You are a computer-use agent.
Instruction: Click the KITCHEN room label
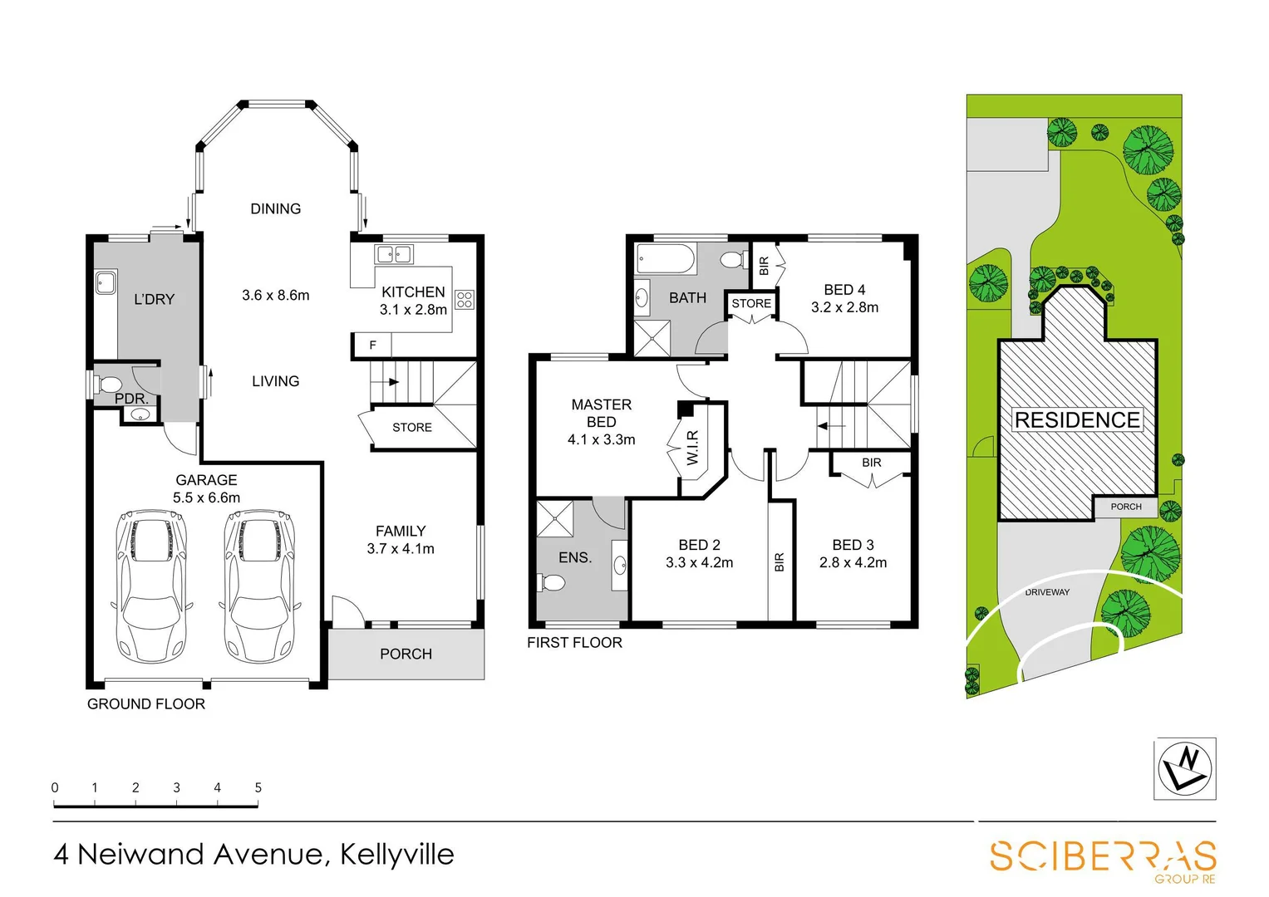click(x=413, y=292)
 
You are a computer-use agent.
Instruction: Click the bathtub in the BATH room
click(x=666, y=259)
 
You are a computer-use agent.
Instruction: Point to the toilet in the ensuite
click(x=551, y=583)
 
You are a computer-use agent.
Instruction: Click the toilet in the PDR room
click(x=108, y=385)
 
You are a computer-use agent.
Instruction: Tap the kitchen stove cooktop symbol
click(x=465, y=300)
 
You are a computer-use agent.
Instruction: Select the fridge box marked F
click(x=372, y=345)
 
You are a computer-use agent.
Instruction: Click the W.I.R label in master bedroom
click(x=692, y=448)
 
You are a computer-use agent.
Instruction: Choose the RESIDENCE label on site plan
click(x=1077, y=420)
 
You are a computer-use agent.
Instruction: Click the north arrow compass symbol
click(x=1185, y=769)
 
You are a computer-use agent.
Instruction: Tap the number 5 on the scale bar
click(x=258, y=787)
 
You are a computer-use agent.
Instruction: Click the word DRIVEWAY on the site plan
click(x=1047, y=592)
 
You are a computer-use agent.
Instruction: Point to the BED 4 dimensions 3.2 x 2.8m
click(x=844, y=307)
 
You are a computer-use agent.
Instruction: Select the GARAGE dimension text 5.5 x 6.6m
click(x=206, y=498)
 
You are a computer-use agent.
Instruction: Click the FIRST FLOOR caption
click(x=574, y=643)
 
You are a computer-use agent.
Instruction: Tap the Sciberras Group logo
click(x=1103, y=858)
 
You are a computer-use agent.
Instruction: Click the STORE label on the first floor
click(x=751, y=304)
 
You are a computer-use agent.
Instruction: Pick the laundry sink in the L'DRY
click(x=106, y=282)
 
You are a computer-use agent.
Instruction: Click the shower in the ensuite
click(x=554, y=519)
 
